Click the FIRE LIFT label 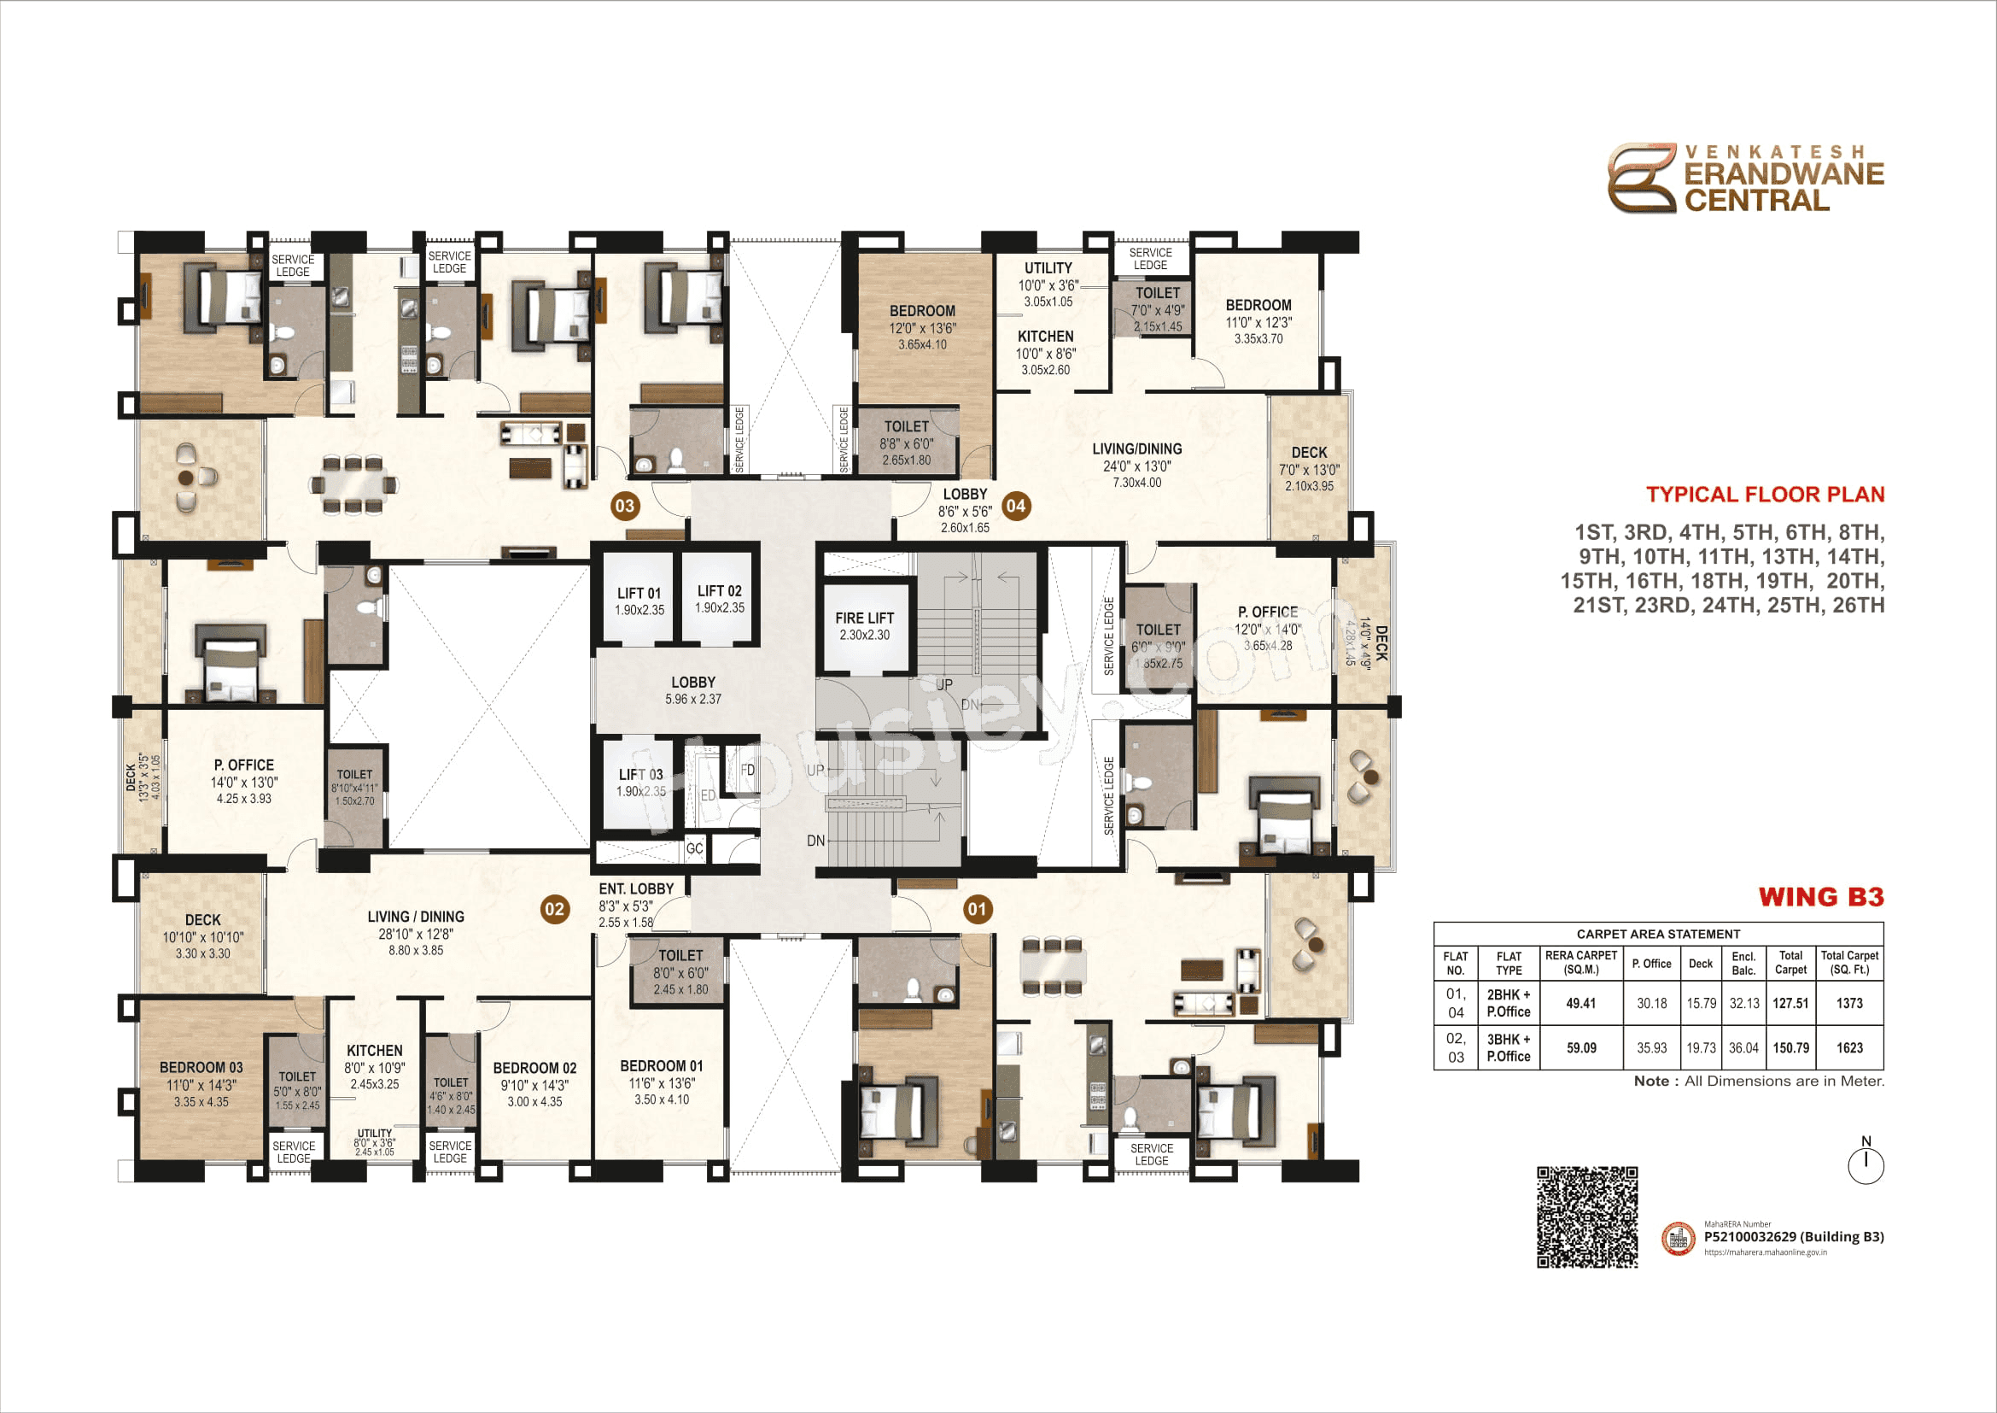864,619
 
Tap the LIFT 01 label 639,594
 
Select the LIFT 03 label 640,774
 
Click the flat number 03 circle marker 624,507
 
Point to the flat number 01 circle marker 977,909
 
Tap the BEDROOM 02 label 534,1069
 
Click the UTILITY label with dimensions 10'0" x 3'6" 1048,268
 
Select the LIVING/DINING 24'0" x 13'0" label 1136,449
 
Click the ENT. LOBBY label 636,888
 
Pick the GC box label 694,848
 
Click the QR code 1586,1217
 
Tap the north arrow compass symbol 1865,1163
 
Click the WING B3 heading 1820,897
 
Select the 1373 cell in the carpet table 1849,1003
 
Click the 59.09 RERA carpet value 1580,1047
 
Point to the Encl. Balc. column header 1743,963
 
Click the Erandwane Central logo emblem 1640,179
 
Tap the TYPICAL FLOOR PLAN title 1765,494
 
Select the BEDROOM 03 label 201,1068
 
